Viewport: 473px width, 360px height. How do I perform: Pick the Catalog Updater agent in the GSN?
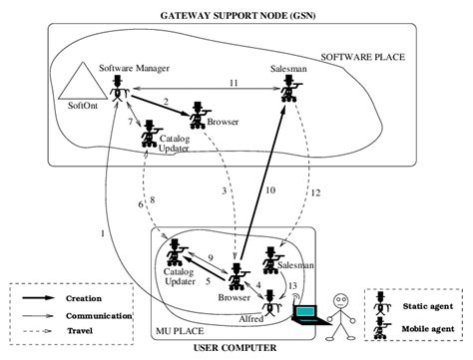pos(152,135)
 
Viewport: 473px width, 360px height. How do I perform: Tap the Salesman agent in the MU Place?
pos(269,258)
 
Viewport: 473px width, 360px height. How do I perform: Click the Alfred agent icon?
pos(269,296)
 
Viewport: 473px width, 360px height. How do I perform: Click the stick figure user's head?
pos(343,297)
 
